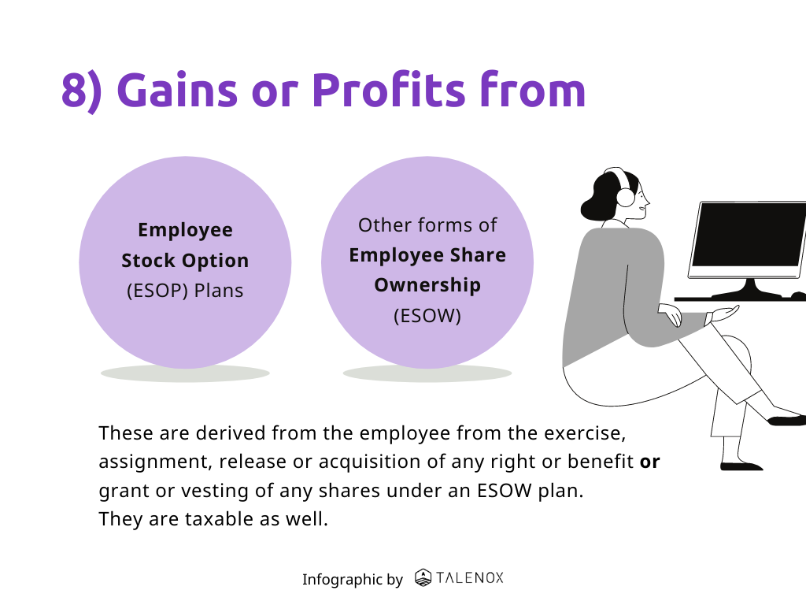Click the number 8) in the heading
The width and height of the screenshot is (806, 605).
click(x=82, y=91)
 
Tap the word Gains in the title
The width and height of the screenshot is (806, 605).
click(x=177, y=90)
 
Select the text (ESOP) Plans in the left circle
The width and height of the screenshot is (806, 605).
click(x=185, y=291)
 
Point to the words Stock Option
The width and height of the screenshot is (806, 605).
click(x=185, y=261)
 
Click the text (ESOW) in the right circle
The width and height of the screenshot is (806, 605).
click(x=427, y=315)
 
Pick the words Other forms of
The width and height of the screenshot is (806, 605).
click(x=427, y=225)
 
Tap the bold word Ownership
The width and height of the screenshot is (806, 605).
click(x=427, y=285)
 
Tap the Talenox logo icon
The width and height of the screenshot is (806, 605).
click(x=423, y=577)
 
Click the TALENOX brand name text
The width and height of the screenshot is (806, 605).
click(x=470, y=577)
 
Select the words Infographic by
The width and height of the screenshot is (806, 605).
click(x=352, y=580)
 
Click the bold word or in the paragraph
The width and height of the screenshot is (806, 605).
click(x=649, y=462)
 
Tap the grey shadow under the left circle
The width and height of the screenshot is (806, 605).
click(x=185, y=373)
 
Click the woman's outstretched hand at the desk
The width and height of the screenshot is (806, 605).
click(x=724, y=313)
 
